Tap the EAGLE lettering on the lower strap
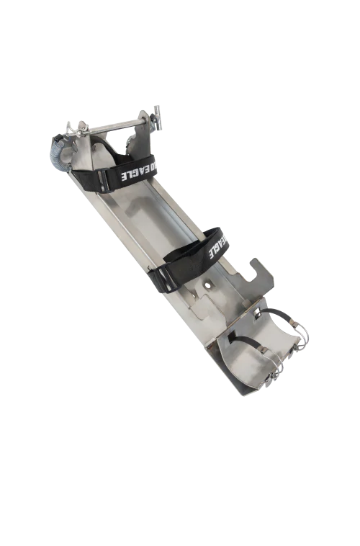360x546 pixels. [x=217, y=246]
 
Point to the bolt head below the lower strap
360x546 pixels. [x=207, y=285]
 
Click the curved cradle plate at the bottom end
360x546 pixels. [x=245, y=360]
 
